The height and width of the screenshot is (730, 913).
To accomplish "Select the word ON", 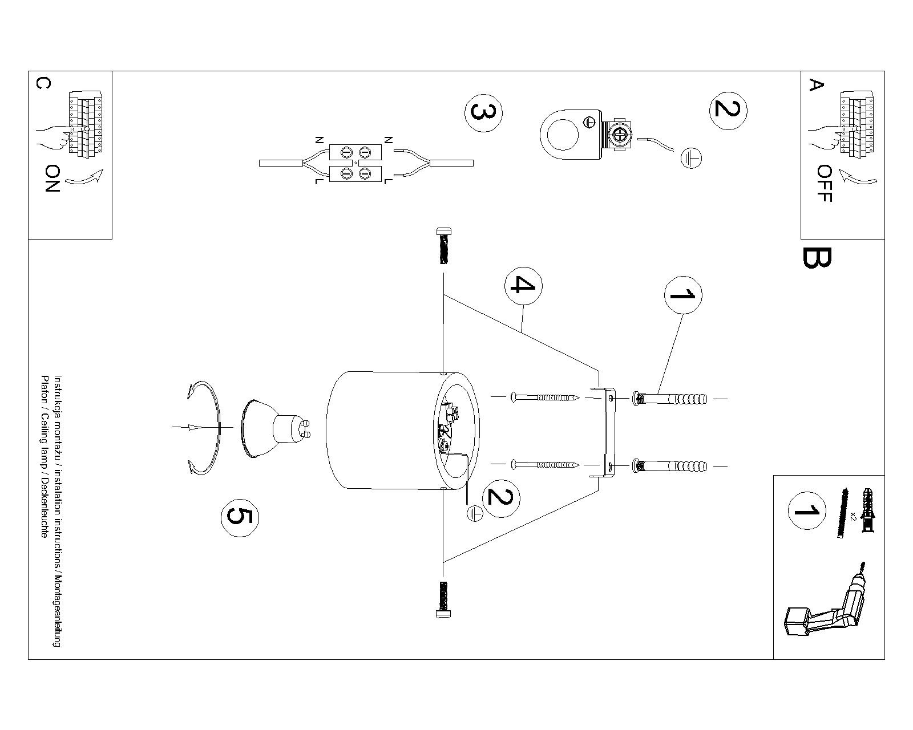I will click(52, 179).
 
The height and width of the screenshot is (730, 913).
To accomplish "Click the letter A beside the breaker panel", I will click(817, 86).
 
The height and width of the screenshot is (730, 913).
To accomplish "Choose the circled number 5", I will click(240, 516).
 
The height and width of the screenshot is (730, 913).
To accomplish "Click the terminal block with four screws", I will click(355, 163).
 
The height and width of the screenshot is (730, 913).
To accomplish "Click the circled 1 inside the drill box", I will click(806, 510).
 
